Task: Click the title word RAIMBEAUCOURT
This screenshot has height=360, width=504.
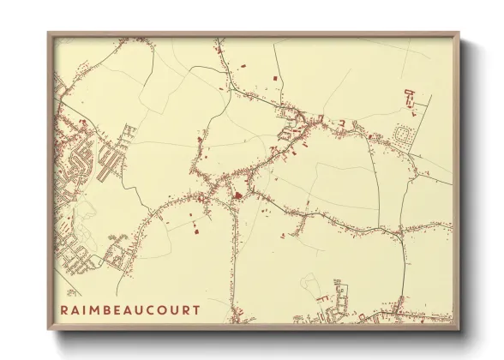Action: click(x=130, y=309)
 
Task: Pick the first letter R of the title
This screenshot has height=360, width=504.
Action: click(x=64, y=309)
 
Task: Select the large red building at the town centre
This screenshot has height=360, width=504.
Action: click(x=237, y=197)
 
